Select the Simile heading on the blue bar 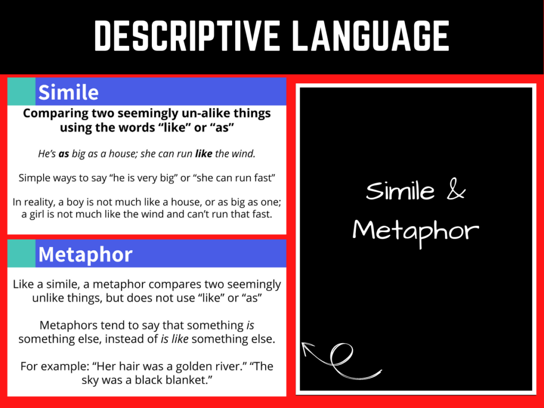click(x=69, y=92)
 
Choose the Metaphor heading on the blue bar click(x=85, y=254)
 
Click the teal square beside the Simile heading click(x=21, y=91)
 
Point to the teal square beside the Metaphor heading click(x=21, y=253)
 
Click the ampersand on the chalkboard click(x=456, y=191)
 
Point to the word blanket click(x=189, y=380)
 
